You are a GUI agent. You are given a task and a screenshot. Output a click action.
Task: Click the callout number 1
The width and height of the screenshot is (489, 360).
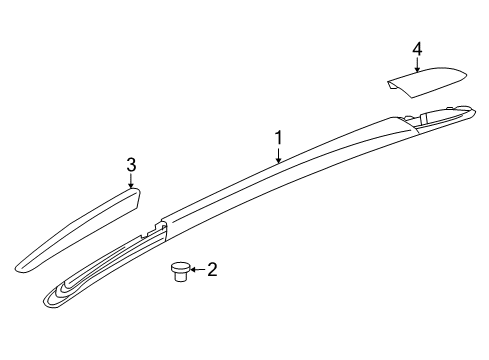pyautogui.click(x=280, y=137)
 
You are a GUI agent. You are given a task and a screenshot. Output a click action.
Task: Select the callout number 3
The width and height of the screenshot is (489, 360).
pyautogui.click(x=130, y=164)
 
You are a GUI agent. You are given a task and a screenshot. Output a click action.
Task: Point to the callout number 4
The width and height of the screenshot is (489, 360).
pyautogui.click(x=417, y=48)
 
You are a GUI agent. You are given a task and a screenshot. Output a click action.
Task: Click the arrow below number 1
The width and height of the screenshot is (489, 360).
pyautogui.click(x=280, y=153)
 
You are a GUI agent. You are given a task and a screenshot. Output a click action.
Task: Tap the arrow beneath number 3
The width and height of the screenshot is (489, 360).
pyautogui.click(x=130, y=181)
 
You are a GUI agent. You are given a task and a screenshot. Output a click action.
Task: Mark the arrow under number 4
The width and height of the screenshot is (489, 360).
pyautogui.click(x=417, y=64)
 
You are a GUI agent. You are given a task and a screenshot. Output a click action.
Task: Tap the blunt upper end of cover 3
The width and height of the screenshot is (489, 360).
pyautogui.click(x=138, y=197)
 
